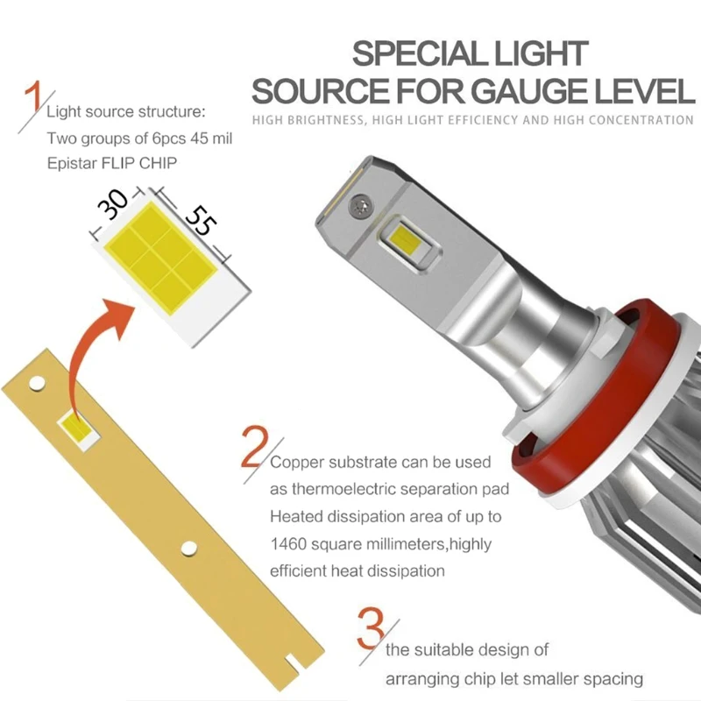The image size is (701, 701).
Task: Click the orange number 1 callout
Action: [x=33, y=101]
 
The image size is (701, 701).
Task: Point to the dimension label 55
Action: [x=201, y=222]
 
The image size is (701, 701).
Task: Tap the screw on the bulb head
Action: [x=358, y=206]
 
